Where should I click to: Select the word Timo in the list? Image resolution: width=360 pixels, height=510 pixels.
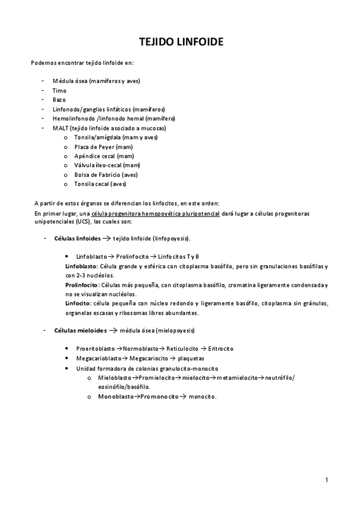(59, 90)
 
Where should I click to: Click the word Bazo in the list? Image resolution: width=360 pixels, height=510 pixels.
(59, 100)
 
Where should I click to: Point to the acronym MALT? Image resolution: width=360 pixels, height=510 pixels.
(61, 128)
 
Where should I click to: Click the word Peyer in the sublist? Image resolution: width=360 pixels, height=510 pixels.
(105, 147)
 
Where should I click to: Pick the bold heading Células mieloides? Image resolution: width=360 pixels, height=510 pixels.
(80, 331)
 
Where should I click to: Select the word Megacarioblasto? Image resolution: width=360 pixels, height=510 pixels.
(97, 358)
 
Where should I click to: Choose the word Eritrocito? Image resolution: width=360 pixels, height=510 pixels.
(221, 349)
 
